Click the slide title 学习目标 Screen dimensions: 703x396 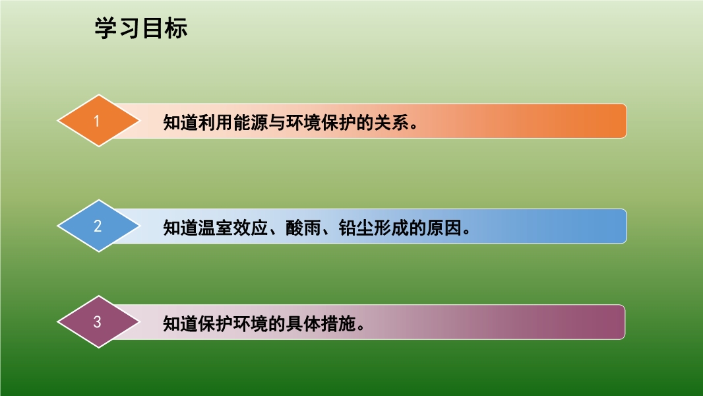pos(140,28)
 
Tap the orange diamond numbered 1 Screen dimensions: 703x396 pos(99,121)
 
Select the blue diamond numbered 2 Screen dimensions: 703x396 pos(99,226)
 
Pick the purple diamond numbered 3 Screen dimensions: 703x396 pos(99,321)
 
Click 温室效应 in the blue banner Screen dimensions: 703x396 pos(233,228)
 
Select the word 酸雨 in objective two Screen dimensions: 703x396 pos(303,228)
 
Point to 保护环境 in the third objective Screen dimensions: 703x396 pos(233,323)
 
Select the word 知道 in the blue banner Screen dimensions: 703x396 pos(181,228)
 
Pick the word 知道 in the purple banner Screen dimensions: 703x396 pos(181,323)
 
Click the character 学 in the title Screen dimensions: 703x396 pos(106,28)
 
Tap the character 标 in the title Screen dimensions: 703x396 pos(176,28)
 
